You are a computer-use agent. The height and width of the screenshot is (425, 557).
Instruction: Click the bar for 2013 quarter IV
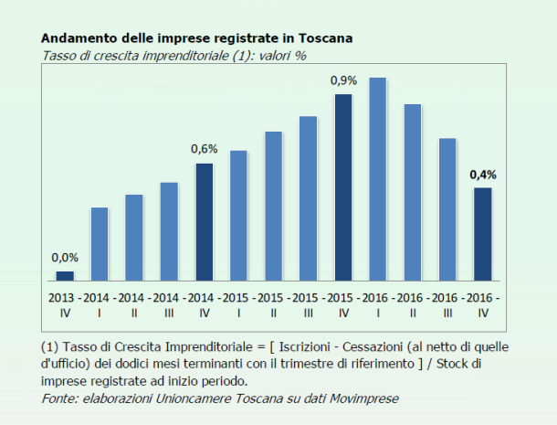pyautogui.click(x=65, y=275)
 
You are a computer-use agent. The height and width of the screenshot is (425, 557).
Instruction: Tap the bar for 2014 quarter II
pyautogui.click(x=134, y=237)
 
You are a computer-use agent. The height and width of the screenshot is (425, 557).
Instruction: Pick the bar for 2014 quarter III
pyautogui.click(x=169, y=230)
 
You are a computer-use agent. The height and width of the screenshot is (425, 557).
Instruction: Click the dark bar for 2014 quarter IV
pyautogui.click(x=204, y=221)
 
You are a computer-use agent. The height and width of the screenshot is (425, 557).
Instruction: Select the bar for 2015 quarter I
pyautogui.click(x=238, y=215)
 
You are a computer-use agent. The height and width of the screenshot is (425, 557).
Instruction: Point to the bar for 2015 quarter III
pyautogui.click(x=308, y=197)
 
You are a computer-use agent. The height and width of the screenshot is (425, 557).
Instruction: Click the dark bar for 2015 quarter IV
pyautogui.click(x=343, y=186)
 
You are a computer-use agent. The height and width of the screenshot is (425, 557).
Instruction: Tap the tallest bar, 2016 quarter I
pyautogui.click(x=378, y=178)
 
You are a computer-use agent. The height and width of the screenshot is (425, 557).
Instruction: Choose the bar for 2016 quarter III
pyautogui.click(x=447, y=208)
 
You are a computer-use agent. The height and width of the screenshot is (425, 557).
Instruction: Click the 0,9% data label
pyautogui.click(x=343, y=81)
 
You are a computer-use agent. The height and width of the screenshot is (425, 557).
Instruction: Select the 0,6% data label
pyautogui.click(x=204, y=149)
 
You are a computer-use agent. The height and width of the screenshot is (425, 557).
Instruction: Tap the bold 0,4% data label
pyautogui.click(x=483, y=174)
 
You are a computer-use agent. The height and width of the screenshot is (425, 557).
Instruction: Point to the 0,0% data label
pyautogui.click(x=65, y=258)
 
